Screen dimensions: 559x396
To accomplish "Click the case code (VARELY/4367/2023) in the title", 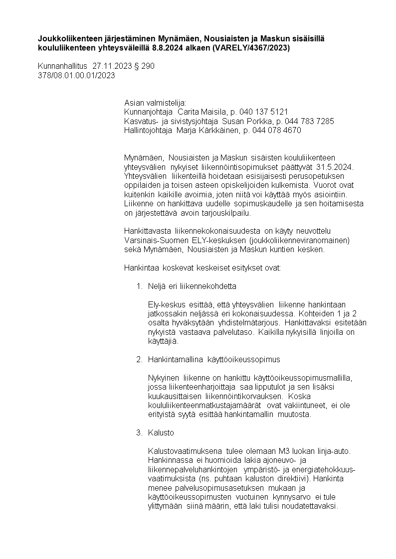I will click(251, 48).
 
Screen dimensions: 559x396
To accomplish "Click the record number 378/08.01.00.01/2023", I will click(76, 76).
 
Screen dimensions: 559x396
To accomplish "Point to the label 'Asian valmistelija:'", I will click(155, 102).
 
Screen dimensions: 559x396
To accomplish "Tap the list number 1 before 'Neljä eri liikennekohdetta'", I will click(139, 286).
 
